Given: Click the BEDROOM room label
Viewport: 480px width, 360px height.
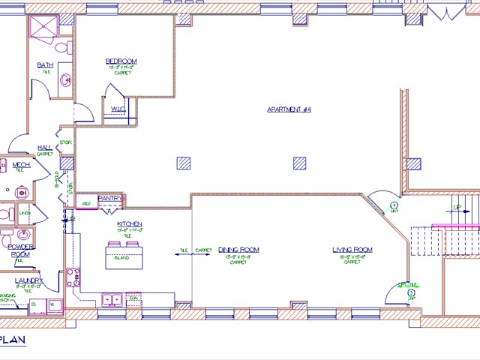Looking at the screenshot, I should [121, 61].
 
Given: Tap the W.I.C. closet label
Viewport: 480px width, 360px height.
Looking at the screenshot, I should [118, 109].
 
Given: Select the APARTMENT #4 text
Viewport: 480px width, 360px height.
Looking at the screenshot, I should [289, 109].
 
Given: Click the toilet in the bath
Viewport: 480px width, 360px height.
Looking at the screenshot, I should [67, 49].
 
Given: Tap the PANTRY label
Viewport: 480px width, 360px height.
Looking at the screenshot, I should [110, 198].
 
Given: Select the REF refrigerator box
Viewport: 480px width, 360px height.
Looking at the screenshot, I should [86, 202].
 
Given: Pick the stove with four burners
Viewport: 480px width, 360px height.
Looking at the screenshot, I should [73, 278].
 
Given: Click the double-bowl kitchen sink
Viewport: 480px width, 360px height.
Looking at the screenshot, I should [112, 300].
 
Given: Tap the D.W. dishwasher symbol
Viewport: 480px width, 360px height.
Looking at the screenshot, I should [133, 299].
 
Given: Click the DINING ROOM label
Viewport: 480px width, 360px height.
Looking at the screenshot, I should [238, 250].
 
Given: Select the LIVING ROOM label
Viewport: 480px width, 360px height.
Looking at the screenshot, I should [352, 250].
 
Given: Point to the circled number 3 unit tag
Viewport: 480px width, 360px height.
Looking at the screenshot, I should [410, 292].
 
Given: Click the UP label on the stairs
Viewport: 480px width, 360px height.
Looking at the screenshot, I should [456, 207].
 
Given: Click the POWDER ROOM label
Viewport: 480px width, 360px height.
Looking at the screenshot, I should [20, 250].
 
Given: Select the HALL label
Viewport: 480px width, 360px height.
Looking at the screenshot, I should [44, 147].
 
